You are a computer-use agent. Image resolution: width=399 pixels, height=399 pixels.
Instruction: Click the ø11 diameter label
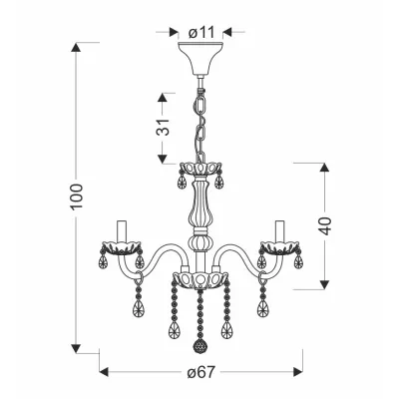(x=200, y=33)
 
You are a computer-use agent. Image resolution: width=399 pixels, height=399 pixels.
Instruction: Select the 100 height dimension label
(x=77, y=197)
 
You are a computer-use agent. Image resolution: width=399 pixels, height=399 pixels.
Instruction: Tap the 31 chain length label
(x=163, y=127)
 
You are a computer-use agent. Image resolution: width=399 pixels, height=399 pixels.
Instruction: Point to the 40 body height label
(x=325, y=226)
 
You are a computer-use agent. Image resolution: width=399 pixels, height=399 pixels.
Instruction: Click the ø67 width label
(x=200, y=372)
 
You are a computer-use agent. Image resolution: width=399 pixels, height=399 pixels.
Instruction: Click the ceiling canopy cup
(x=200, y=59)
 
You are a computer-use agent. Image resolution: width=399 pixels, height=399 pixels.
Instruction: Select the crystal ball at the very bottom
(x=199, y=347)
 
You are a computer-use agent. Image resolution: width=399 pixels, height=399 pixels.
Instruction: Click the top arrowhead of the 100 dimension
(x=76, y=47)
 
